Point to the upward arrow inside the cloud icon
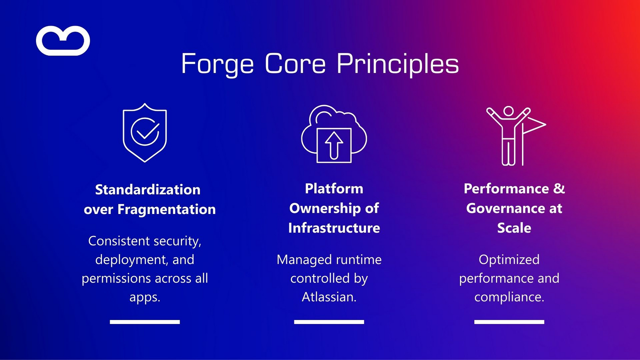tap(334, 145)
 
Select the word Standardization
tap(148, 190)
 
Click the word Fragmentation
tap(166, 209)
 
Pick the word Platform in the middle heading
tap(334, 188)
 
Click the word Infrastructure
tap(334, 228)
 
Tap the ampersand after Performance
tap(559, 188)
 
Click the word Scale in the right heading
tap(514, 228)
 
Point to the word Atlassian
tap(329, 297)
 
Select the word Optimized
tap(509, 260)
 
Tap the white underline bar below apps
tap(145, 322)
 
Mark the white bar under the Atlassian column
tap(329, 322)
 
